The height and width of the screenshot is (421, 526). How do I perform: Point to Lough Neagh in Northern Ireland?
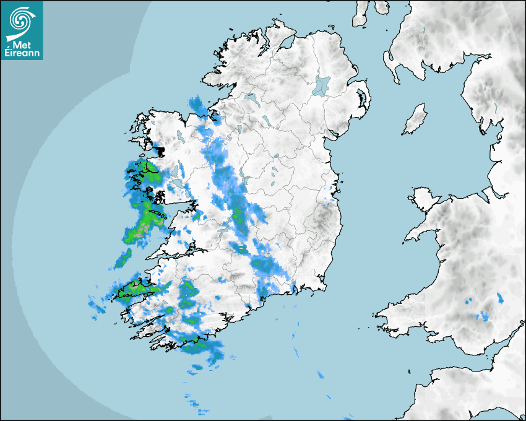coord(322,85)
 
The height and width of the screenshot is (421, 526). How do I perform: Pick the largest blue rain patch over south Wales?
coord(482,317)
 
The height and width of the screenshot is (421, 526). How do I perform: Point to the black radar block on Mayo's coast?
coord(161,150)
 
